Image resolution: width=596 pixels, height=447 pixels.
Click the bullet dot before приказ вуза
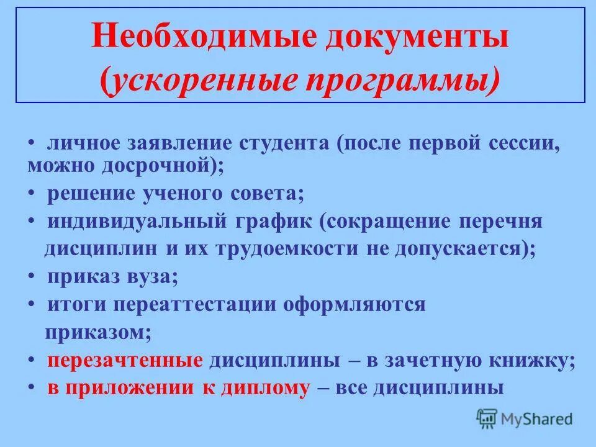(x=32, y=277)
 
